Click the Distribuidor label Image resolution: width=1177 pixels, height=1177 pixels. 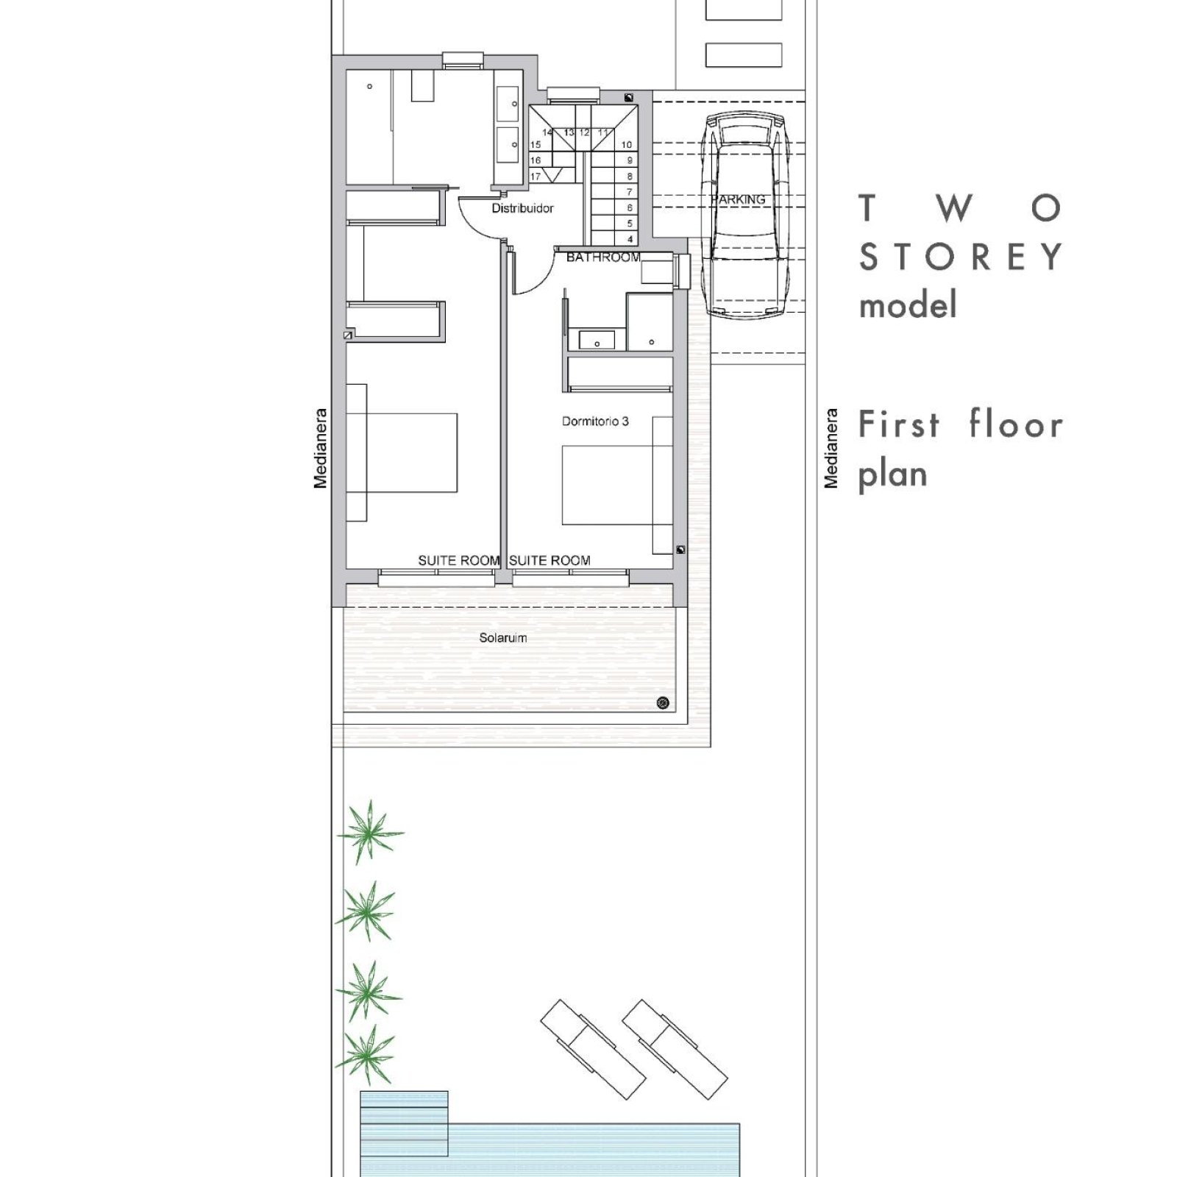tap(522, 208)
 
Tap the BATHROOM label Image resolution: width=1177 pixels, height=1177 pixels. tap(603, 257)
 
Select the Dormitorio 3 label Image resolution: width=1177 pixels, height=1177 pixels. tap(595, 422)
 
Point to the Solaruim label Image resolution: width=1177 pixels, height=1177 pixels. tap(503, 638)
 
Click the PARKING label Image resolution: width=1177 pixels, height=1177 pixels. tap(739, 199)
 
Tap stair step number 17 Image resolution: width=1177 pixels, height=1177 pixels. tap(536, 177)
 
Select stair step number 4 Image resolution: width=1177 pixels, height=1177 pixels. tap(630, 239)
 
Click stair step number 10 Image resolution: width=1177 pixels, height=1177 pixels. tap(627, 145)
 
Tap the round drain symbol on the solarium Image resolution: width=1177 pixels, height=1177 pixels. tap(663, 703)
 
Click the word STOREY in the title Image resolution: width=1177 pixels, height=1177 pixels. tap(961, 257)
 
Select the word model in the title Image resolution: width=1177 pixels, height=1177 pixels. tap(908, 304)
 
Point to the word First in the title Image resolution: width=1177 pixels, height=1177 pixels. tap(899, 424)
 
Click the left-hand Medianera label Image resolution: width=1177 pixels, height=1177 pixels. tap(320, 449)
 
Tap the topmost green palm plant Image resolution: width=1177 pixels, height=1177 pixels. tap(369, 833)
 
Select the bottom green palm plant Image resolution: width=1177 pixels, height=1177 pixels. tap(366, 1056)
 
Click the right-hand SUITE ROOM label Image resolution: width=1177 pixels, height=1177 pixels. tap(550, 561)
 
